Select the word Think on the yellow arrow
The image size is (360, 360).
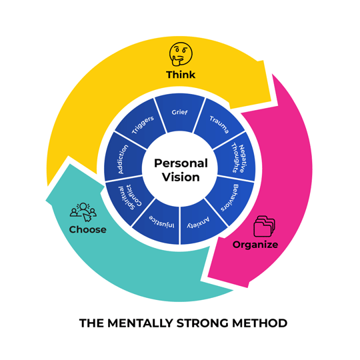pos(181,75)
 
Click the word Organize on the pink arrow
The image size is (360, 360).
pos(255,245)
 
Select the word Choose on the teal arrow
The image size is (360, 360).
pos(87,229)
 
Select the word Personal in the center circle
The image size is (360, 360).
pos(181,163)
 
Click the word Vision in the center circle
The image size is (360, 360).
pos(181,177)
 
